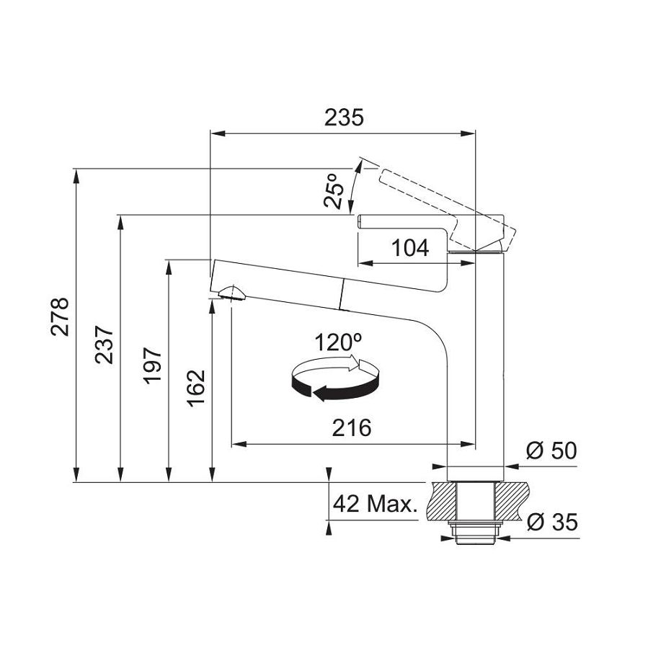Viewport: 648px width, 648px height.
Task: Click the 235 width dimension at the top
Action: (342, 117)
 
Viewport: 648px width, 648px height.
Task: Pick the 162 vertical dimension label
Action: (196, 388)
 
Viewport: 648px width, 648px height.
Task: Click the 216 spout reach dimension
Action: (351, 427)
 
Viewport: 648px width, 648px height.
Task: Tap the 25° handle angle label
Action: (332, 191)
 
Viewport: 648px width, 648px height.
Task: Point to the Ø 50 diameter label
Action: (551, 451)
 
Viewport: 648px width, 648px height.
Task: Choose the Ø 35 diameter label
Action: (551, 522)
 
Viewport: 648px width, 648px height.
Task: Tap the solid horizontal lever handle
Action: (404, 221)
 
